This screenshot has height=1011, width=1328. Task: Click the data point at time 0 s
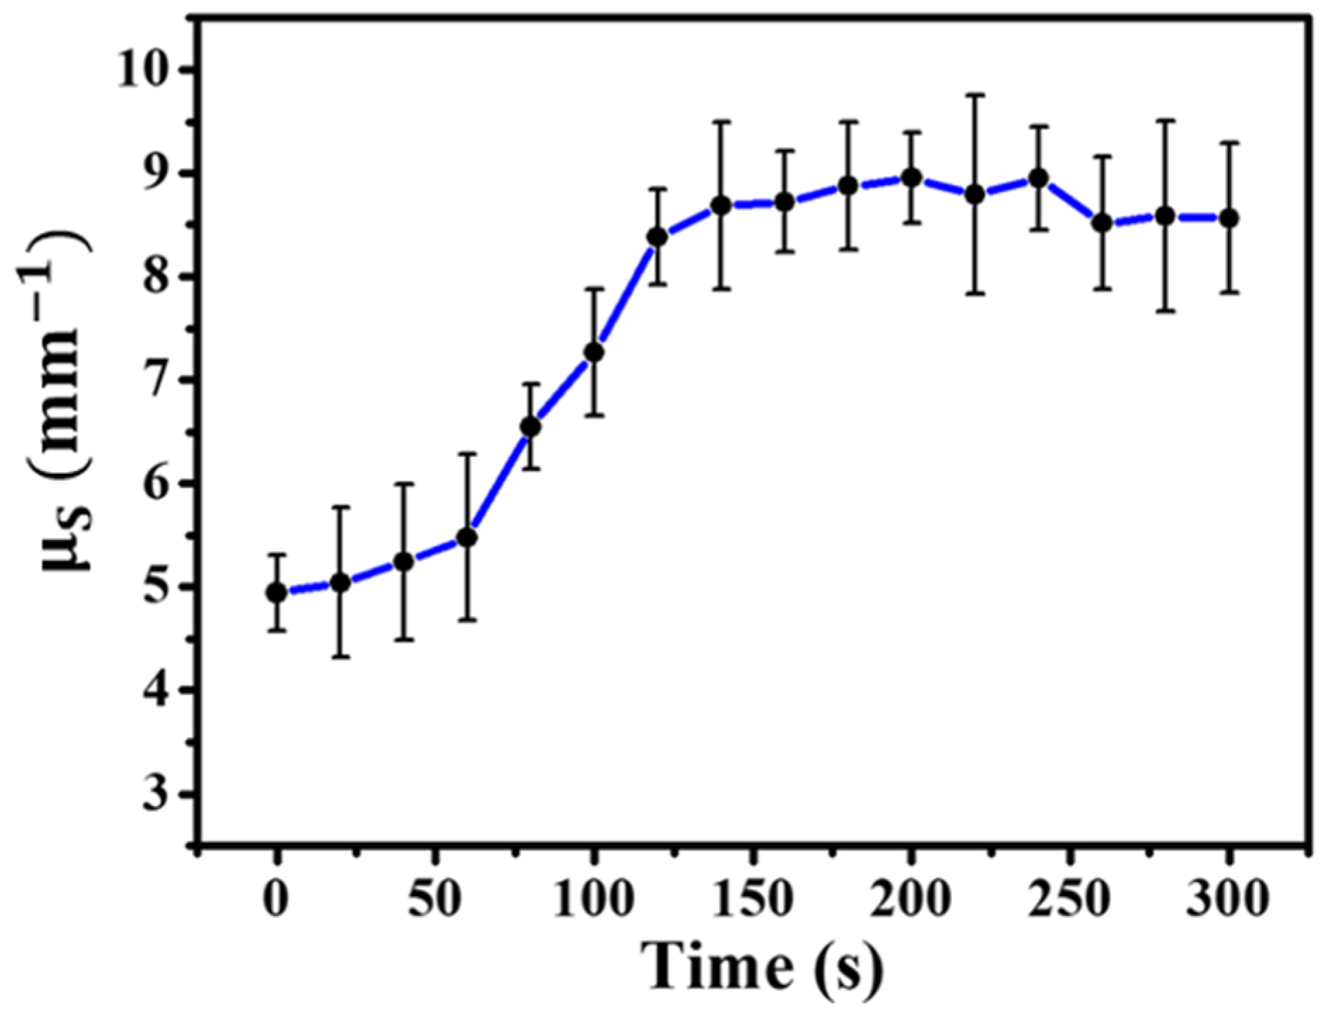pyautogui.click(x=277, y=593)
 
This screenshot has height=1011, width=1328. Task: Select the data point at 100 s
pyautogui.click(x=594, y=352)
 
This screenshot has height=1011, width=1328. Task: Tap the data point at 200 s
pyautogui.click(x=912, y=177)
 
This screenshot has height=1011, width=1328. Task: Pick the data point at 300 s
pyautogui.click(x=1229, y=218)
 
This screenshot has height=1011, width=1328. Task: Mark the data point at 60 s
pyautogui.click(x=467, y=538)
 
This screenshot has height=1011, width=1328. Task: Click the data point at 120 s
pyautogui.click(x=658, y=237)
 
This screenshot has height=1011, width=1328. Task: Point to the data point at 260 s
pyautogui.click(x=1103, y=223)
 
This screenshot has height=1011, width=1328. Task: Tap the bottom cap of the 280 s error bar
pyautogui.click(x=1166, y=310)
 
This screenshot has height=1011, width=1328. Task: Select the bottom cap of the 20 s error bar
pyautogui.click(x=340, y=657)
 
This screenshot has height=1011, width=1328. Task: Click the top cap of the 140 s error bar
pyautogui.click(x=721, y=122)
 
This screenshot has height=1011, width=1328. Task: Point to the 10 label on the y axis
pyautogui.click(x=148, y=70)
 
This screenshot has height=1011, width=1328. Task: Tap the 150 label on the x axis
pyautogui.click(x=753, y=900)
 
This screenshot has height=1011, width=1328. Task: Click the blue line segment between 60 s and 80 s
pyautogui.click(x=499, y=483)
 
